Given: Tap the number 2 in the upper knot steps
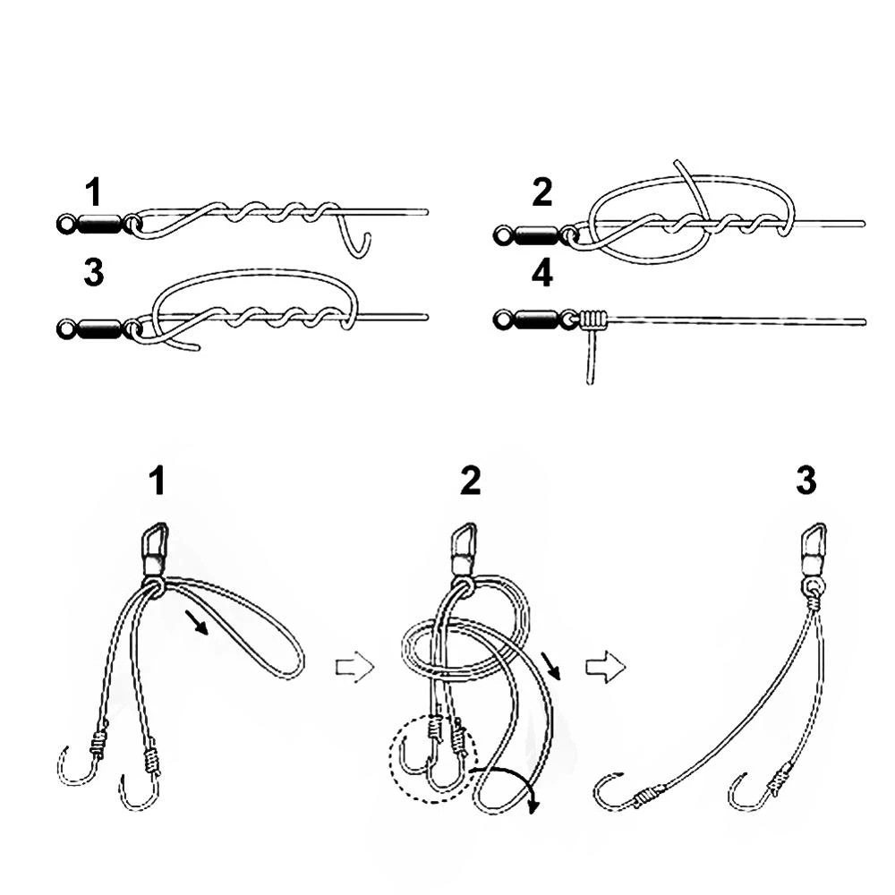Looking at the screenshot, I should [x=542, y=192].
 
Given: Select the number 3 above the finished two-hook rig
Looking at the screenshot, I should [x=806, y=482].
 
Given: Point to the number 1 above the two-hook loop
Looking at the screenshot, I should [x=157, y=482].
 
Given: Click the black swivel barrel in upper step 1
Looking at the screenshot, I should [x=100, y=224].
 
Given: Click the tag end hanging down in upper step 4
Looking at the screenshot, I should [x=591, y=358].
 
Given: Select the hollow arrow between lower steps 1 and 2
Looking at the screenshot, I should [x=354, y=668].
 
